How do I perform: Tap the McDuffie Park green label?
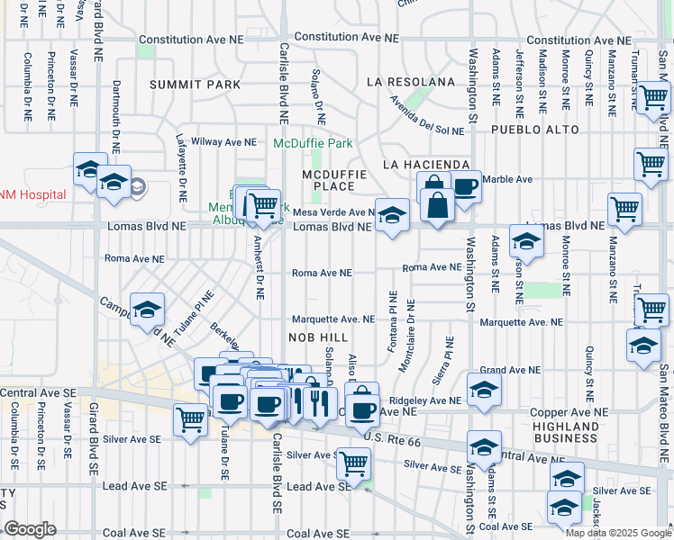click(x=313, y=143)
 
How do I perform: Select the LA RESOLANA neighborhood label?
click(x=411, y=82)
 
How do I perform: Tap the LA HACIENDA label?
click(x=426, y=165)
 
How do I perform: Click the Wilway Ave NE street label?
click(x=217, y=142)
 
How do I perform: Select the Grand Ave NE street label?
click(x=509, y=370)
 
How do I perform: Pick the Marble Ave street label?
click(x=504, y=179)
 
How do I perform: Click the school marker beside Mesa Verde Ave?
click(x=392, y=216)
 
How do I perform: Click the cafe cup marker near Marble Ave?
click(x=464, y=187)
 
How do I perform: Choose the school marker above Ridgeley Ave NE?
click(x=484, y=391)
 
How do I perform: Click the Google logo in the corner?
click(x=31, y=529)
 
